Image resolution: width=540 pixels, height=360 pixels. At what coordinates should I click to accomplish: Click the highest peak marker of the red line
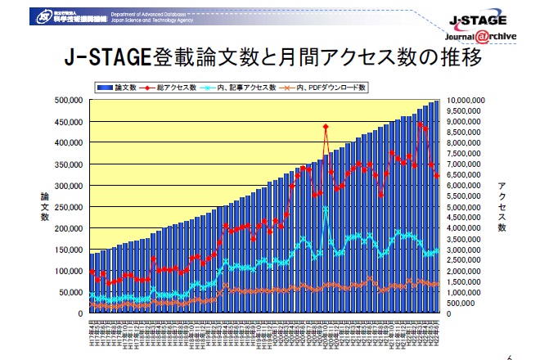pyautogui.click(x=326, y=127)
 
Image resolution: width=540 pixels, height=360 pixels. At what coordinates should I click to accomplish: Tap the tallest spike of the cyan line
pyautogui.click(x=326, y=209)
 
